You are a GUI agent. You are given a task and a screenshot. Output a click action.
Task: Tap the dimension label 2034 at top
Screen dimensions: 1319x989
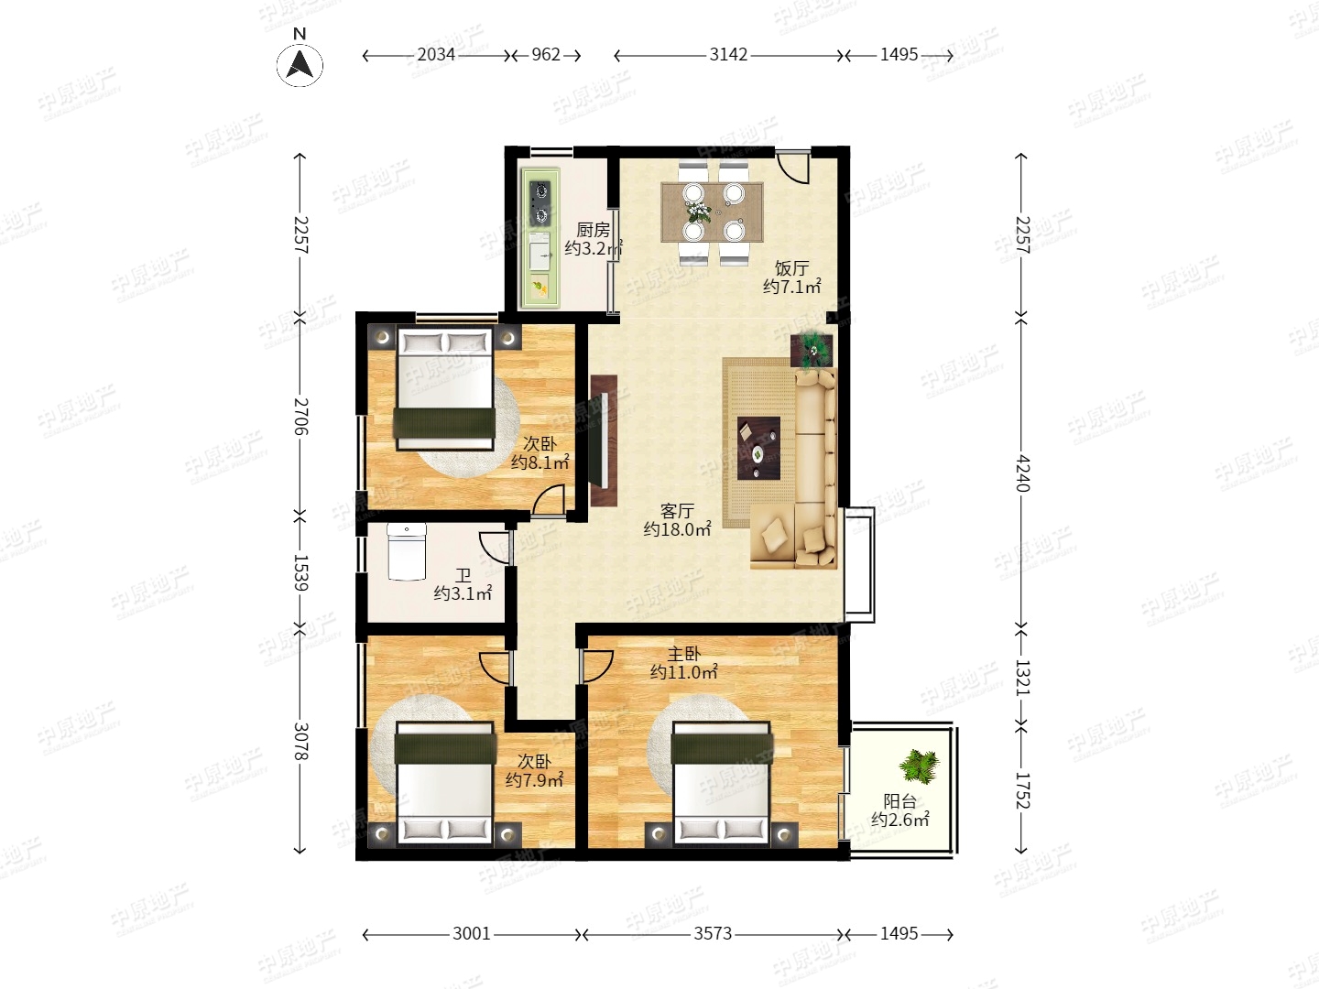(436, 55)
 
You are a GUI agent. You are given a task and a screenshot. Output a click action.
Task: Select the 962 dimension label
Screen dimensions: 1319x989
(546, 55)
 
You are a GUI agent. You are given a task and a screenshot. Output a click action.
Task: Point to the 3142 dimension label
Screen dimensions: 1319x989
(728, 55)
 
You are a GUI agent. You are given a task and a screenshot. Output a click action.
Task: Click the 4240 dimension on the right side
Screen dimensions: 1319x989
(1022, 473)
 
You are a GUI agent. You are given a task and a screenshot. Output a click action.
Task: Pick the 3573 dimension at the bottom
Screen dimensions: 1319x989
(713, 934)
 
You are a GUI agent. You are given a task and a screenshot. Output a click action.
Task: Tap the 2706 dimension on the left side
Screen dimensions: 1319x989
(300, 416)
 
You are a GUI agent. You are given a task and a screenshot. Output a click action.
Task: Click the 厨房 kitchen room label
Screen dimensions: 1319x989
(594, 229)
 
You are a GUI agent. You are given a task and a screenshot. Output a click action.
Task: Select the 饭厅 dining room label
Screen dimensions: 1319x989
(791, 267)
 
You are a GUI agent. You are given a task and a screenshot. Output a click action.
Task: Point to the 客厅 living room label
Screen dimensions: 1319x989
(677, 510)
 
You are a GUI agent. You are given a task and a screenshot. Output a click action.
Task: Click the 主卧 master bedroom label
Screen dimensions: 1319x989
(684, 653)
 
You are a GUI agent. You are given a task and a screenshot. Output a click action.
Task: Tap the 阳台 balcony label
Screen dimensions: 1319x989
(900, 800)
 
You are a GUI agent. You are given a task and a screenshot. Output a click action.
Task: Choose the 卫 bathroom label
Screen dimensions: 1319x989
(463, 576)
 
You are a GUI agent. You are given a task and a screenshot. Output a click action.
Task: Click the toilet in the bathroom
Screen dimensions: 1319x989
(407, 552)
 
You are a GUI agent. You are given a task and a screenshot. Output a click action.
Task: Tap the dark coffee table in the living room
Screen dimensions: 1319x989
(759, 448)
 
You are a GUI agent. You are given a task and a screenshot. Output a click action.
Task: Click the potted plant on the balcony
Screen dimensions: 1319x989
(919, 766)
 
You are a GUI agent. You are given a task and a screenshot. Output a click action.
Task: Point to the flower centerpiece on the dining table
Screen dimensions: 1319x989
(698, 212)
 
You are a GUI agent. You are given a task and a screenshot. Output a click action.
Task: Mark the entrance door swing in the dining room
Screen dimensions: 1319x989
(792, 168)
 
